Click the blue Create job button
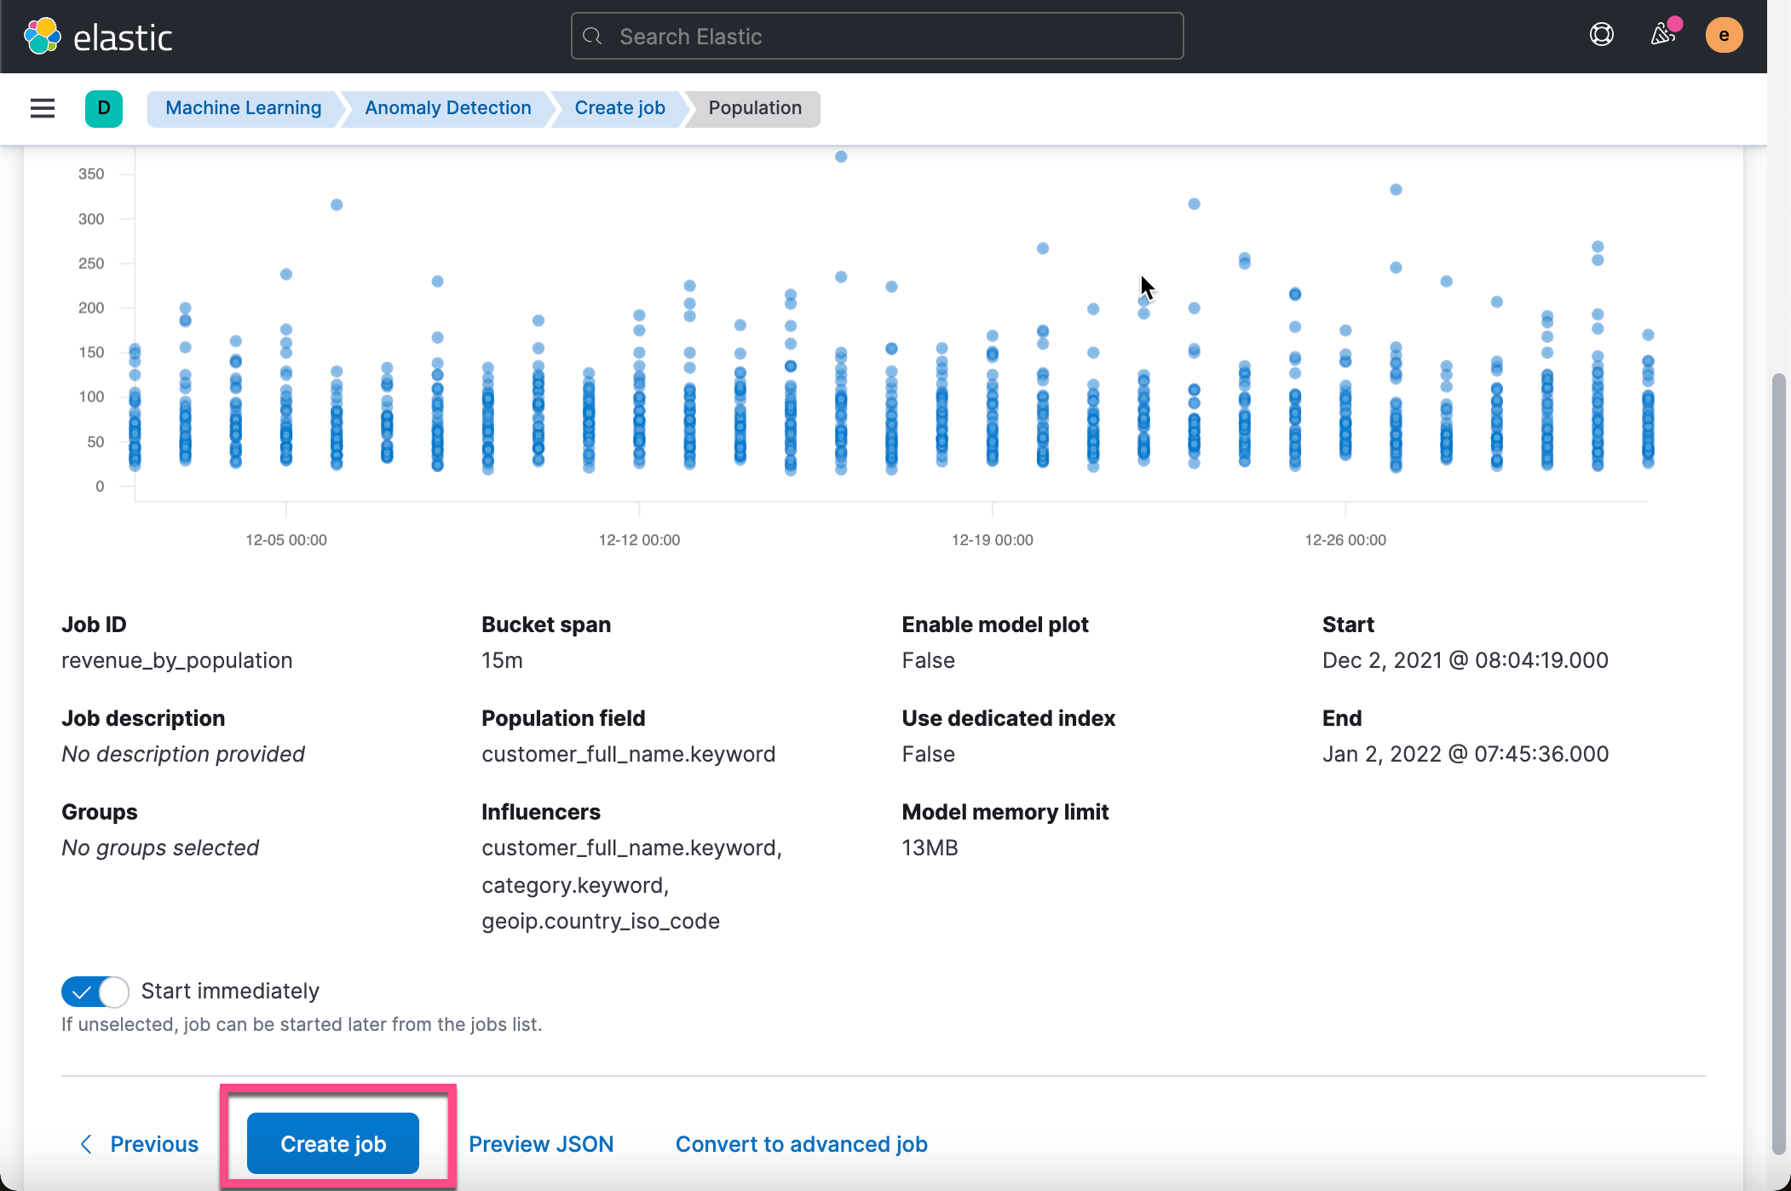coord(332,1143)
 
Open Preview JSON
coord(541,1143)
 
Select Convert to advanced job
coord(801,1143)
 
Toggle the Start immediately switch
coord(95,992)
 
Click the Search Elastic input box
coord(878,36)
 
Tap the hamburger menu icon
coord(43,108)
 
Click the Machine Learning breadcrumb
coord(243,108)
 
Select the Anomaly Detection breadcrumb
coord(447,108)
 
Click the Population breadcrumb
coord(754,108)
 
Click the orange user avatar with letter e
coord(1723,35)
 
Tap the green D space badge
coord(104,108)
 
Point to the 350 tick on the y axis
coord(91,174)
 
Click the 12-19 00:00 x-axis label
coord(992,540)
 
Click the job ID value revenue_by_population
coord(176,660)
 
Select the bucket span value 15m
coord(502,660)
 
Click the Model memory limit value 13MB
coord(930,848)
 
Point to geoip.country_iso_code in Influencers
coord(600,921)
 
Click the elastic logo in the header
coord(99,37)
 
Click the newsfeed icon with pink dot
coord(1662,35)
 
